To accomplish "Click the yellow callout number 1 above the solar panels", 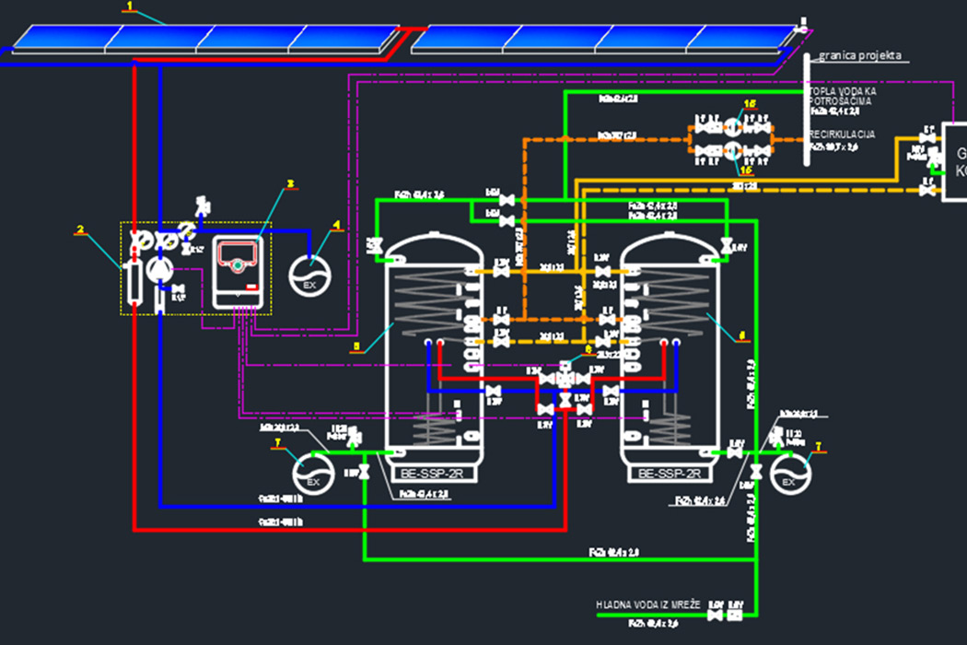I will click(131, 6).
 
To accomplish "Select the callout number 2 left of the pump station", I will click(80, 229).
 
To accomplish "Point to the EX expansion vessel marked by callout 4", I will click(309, 274).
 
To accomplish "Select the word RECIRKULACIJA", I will click(842, 135).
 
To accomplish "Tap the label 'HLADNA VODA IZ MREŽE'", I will click(648, 604).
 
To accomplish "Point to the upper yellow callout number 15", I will click(749, 104).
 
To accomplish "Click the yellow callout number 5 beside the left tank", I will click(357, 348).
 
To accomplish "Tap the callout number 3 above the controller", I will click(289, 183).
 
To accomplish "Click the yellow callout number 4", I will click(336, 224).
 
